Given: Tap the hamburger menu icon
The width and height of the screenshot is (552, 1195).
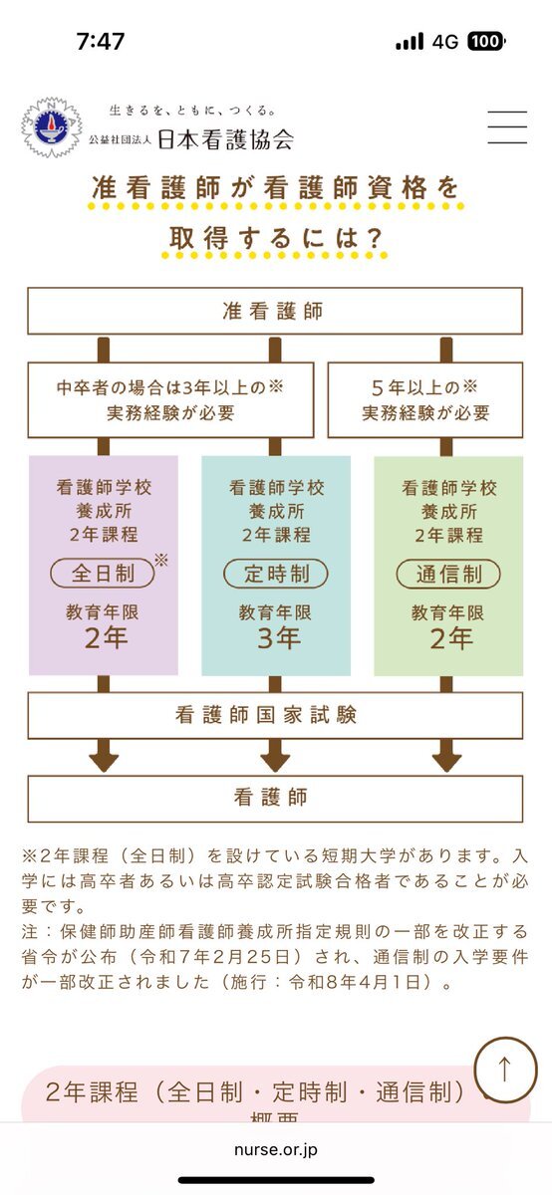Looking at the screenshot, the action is coord(507,127).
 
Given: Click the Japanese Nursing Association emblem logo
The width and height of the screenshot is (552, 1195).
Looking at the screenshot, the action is coord(52,127).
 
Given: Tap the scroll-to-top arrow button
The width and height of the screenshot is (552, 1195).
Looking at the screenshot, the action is coord(505,1069).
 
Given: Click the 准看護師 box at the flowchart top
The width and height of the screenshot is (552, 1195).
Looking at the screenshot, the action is coord(275,311).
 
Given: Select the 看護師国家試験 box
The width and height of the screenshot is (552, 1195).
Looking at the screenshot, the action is coord(275,715).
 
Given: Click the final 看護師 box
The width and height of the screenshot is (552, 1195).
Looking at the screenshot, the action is coord(275,798).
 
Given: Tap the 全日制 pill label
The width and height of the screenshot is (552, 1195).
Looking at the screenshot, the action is coord(103,574).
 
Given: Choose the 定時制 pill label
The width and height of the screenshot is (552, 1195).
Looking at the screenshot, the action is coord(275,574).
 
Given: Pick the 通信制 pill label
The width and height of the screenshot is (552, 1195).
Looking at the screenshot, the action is coord(448,574).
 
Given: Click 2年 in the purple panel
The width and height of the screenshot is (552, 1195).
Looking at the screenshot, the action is coord(106,637).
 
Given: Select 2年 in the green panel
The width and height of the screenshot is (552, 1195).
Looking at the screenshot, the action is coord(451,638).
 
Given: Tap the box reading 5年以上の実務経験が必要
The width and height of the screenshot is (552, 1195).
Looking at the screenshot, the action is coord(425,400).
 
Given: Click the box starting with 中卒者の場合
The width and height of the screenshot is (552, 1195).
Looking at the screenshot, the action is coord(170,400).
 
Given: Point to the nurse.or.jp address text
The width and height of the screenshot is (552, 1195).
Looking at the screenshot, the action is coord(275,1150).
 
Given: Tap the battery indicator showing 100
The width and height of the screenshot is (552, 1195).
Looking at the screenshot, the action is coord(486,41).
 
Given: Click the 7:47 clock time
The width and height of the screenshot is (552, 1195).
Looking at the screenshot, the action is coord(101,41).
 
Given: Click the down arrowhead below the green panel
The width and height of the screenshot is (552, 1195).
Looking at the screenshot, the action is coord(446,762).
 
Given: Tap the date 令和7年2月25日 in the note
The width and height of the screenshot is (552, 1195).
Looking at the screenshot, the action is coord(215,957).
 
